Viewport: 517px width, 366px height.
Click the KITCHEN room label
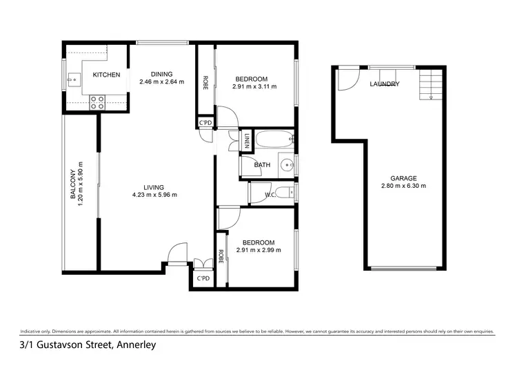pos(107,75)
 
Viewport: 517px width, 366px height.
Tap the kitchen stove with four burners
pos(98,102)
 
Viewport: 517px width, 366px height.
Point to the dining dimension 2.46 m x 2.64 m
pos(163,82)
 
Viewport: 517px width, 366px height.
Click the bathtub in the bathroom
pos(273,142)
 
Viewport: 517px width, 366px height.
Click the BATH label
pos(262,165)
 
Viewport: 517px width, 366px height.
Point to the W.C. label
pos(270,195)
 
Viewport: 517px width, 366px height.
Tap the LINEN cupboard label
pos(246,142)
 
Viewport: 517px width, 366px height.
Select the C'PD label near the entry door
pos(203,278)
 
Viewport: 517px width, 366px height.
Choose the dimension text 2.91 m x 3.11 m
pos(254,87)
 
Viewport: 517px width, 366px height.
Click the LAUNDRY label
pos(384,84)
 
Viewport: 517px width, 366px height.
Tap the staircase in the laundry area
pos(429,85)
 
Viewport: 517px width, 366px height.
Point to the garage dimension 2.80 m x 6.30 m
pos(403,186)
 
